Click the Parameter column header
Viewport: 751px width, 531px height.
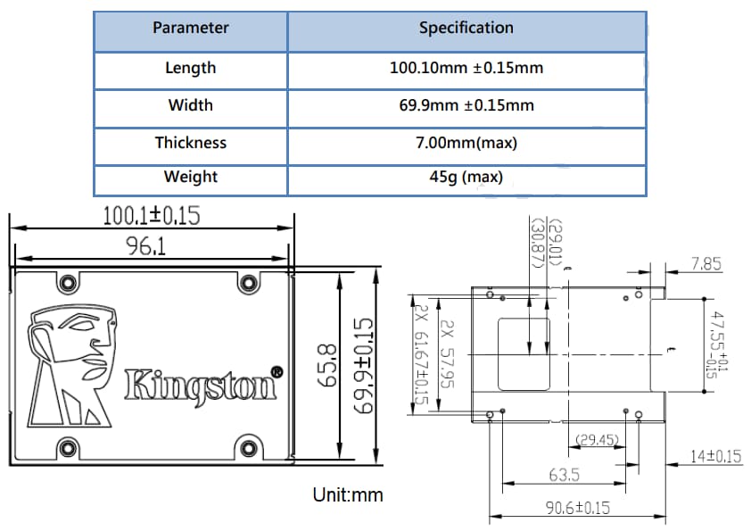tap(190, 28)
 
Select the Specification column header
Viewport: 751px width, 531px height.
tap(466, 28)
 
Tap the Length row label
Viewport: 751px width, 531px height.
tap(190, 68)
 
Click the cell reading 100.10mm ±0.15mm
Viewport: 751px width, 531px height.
tap(466, 68)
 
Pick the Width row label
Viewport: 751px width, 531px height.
tap(190, 105)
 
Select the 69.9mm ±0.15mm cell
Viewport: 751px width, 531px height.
tap(466, 105)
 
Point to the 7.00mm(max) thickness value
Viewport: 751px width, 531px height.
tap(466, 143)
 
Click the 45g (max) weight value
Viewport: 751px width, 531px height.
tap(466, 177)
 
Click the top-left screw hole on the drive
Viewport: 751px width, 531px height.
tap(65, 285)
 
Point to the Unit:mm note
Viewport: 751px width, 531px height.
tap(347, 494)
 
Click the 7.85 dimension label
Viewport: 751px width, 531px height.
tap(706, 264)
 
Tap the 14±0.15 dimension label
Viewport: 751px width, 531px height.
tap(716, 457)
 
